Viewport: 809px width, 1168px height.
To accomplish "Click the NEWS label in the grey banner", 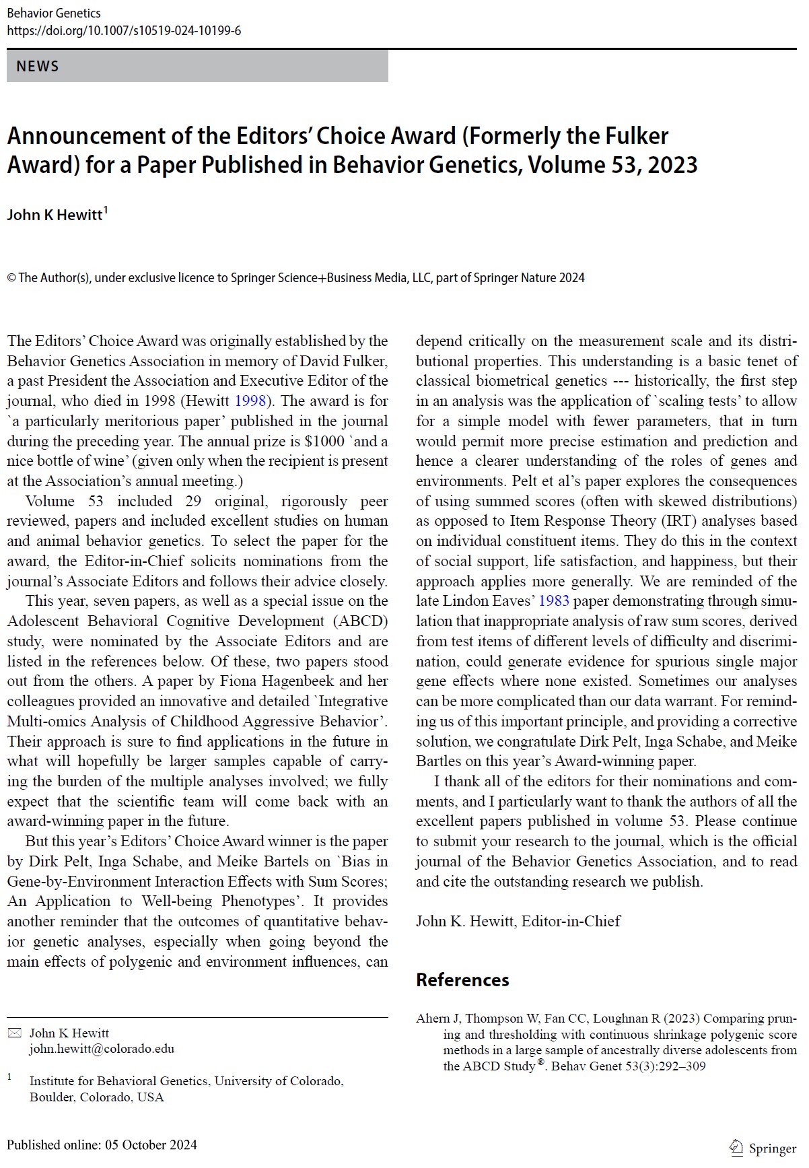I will [38, 66].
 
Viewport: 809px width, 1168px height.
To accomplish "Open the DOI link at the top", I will [124, 31].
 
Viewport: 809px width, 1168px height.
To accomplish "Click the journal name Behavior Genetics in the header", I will [54, 13].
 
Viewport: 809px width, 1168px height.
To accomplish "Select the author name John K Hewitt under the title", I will [55, 215].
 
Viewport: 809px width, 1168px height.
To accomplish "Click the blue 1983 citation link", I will [554, 601].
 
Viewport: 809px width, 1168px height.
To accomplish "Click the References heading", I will [462, 980].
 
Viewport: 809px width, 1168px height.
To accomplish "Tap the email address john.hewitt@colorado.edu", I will [102, 1049].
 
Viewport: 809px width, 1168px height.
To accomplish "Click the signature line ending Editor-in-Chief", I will [518, 922].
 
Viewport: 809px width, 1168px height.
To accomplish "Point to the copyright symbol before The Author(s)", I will [11, 278].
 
